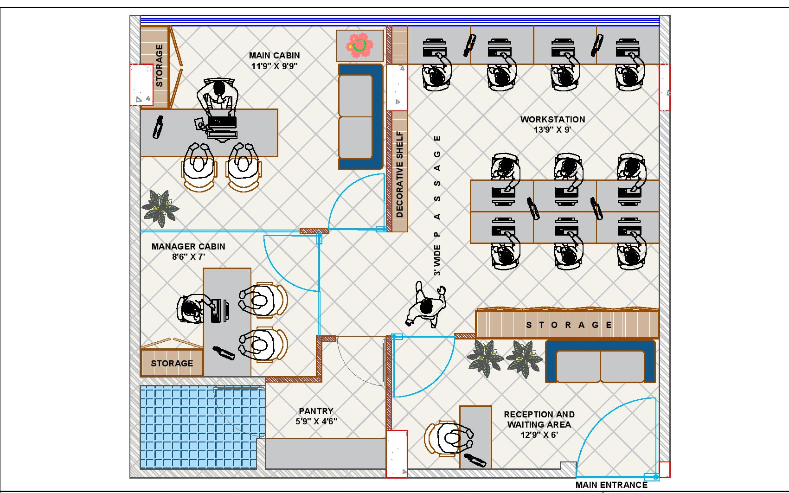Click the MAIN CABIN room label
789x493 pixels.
coord(275,56)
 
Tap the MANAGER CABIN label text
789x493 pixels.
coord(188,247)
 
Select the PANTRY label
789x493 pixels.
coord(316,411)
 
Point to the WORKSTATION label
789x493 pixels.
coord(552,119)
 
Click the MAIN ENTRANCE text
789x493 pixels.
coord(611,485)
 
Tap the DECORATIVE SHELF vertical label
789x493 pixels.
coord(399,174)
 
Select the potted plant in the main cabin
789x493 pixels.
coord(160,208)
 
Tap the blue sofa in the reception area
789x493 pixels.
coord(600,361)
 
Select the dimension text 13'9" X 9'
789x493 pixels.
coord(552,129)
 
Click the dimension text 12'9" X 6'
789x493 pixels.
coord(539,435)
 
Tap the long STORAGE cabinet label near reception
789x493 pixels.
coord(569,325)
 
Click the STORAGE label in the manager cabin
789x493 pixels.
coord(172,364)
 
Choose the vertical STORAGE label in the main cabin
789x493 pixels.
coord(159,65)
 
